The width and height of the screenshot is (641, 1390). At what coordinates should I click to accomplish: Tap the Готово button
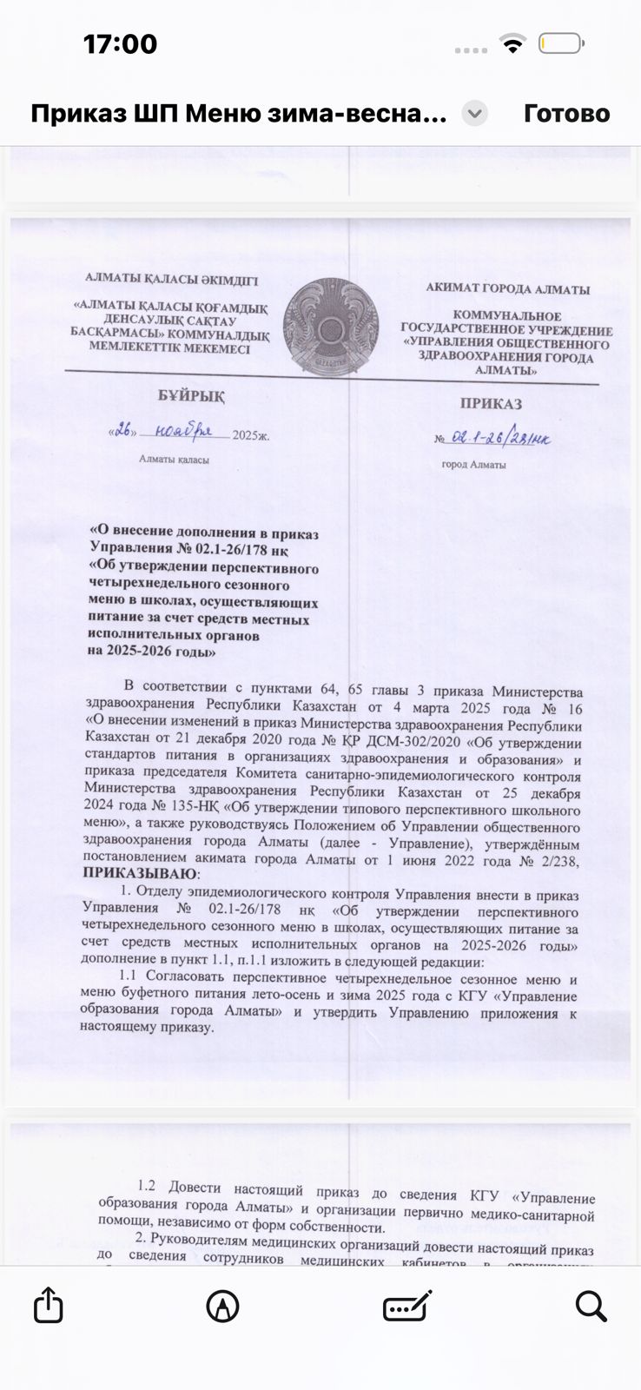pos(566,114)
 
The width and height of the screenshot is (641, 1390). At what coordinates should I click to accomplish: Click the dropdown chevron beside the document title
pos(474,114)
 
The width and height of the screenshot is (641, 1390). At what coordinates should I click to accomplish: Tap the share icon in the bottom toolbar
pos(49,1305)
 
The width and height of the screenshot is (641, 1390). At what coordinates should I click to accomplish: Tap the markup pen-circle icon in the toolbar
pos(222,1306)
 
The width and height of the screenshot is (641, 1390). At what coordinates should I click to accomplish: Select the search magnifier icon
pos(591,1306)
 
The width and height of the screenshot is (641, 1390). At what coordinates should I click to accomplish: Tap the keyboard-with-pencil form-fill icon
pos(407,1306)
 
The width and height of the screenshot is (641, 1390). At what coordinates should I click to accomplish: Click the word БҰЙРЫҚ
pos(190,396)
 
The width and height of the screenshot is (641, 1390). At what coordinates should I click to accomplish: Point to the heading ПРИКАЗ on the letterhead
pos(491,403)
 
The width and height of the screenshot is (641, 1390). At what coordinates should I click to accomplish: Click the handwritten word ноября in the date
pos(183,430)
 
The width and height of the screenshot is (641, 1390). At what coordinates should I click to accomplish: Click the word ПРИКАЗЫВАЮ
pos(140,873)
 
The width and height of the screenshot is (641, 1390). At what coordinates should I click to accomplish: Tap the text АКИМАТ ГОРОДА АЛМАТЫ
pos(507,289)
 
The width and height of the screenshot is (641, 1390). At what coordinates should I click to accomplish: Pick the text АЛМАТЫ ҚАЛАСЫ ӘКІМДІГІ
pos(171,280)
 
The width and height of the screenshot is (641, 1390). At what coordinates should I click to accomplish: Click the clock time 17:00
pos(120,43)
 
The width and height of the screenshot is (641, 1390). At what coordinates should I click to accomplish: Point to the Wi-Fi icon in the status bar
pos(513,44)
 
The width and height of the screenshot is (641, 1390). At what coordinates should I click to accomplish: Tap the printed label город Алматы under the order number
pos(473,465)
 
